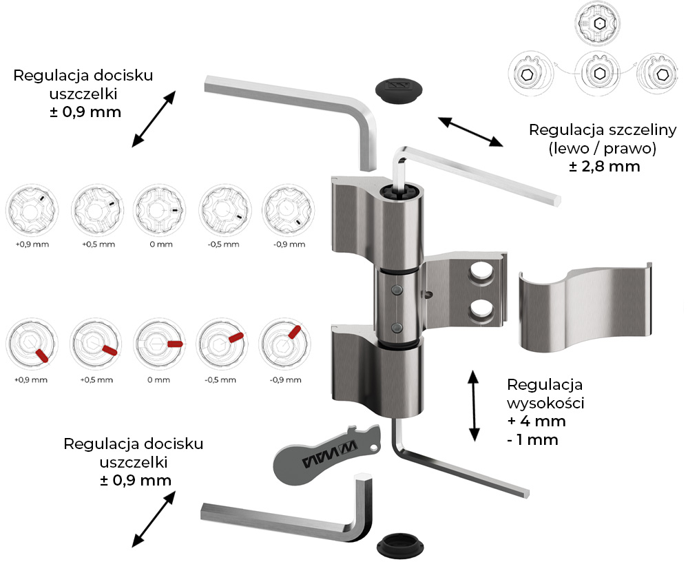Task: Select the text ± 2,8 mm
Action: coord(605,166)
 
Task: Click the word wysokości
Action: coord(545,403)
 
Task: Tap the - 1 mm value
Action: coord(532,439)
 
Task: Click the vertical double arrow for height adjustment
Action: coord(474,406)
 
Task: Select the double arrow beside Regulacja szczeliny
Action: coord(471,131)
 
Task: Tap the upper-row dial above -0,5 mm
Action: coord(223,209)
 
